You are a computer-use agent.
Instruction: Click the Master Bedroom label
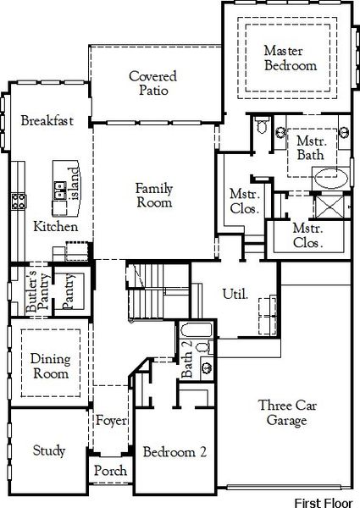coord(290,58)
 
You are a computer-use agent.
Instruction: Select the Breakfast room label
coord(47,121)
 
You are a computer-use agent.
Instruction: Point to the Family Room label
coord(154,196)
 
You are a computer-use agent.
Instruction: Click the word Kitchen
coord(55,227)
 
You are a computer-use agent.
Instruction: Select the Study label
coord(49,450)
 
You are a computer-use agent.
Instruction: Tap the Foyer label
coord(111,421)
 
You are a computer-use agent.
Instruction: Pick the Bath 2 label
coord(186,359)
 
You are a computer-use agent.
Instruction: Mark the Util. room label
coord(235,295)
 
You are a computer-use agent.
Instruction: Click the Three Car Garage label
coord(288,412)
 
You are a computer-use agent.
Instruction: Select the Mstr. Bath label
coord(311,148)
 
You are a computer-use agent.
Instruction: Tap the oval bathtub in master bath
coord(329,179)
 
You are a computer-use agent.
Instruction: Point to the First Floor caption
coord(325,501)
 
